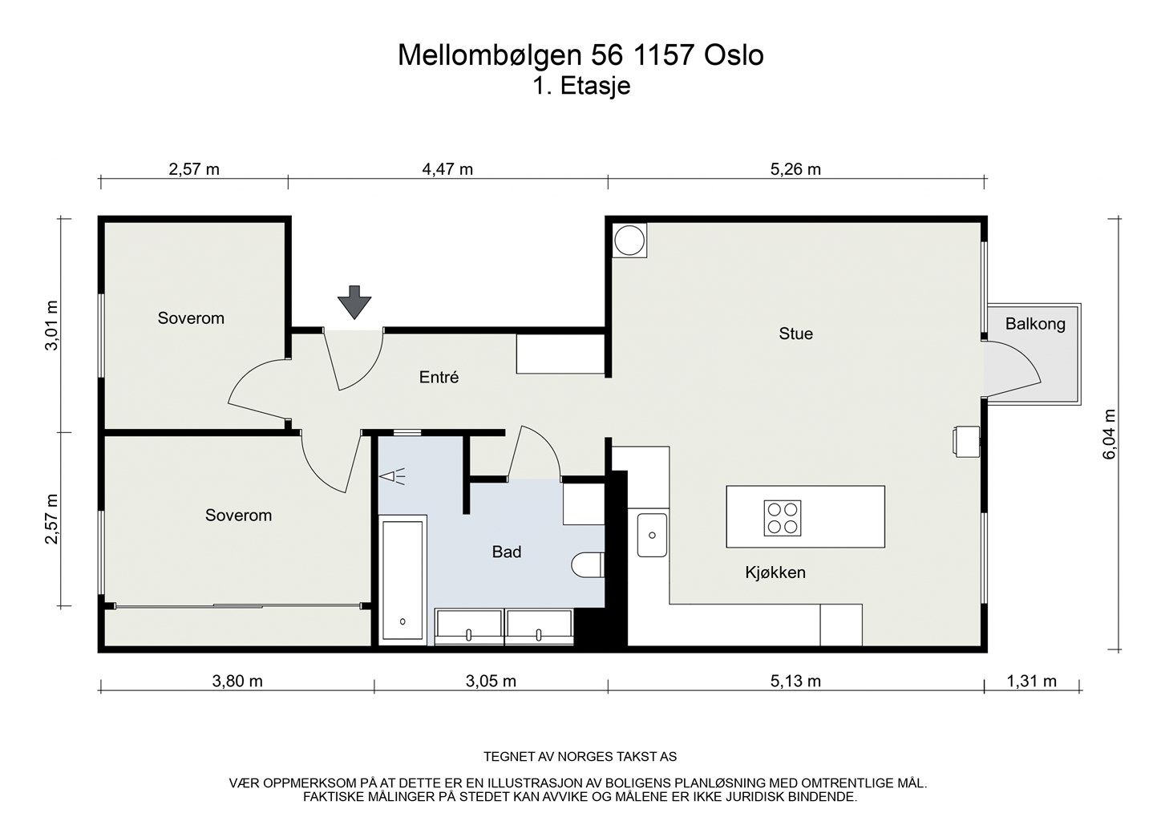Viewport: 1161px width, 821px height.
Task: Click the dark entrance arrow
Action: point(354,302)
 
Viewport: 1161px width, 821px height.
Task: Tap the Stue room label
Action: point(795,334)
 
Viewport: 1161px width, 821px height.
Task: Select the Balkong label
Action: point(1035,324)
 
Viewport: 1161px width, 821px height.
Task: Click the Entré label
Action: point(439,377)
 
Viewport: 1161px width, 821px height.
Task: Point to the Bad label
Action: point(507,552)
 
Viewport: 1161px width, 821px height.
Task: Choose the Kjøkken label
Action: point(775,572)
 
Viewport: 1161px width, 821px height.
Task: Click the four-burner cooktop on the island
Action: point(782,518)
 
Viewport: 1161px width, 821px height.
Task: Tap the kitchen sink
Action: point(652,535)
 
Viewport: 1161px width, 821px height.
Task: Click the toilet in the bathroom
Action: point(589,564)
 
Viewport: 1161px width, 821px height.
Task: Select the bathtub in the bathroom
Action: point(403,580)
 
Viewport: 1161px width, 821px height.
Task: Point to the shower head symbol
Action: point(392,475)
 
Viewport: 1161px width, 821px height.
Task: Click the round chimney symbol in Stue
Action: point(629,240)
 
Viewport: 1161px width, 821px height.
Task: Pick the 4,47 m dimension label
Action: point(447,169)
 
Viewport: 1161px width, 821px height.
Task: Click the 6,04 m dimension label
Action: point(1109,435)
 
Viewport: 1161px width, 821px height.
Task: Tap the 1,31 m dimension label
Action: point(1031,681)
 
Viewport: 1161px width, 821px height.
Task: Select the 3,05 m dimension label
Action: point(491,681)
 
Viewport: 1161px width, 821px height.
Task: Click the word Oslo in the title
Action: point(734,55)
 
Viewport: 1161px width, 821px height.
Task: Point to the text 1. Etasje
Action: point(581,86)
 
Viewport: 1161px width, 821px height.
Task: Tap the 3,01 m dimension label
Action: point(52,326)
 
